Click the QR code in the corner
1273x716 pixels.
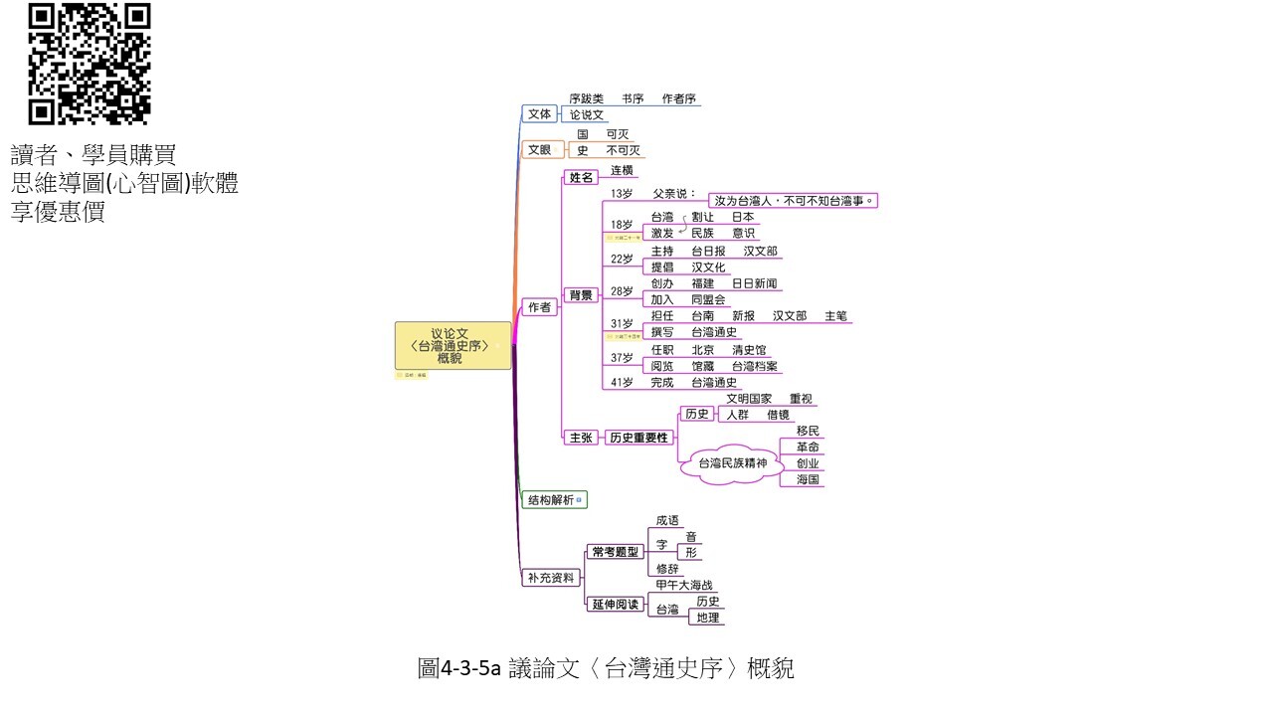click(90, 64)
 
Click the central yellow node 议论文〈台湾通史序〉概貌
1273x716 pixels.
click(453, 345)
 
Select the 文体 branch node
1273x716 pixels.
click(539, 114)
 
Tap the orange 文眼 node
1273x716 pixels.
click(539, 150)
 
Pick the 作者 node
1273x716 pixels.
click(539, 307)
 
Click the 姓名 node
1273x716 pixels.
click(581, 178)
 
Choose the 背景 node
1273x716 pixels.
click(581, 295)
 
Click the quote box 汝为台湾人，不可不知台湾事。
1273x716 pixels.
click(793, 201)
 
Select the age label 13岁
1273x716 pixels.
click(622, 193)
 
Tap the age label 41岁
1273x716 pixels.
click(622, 382)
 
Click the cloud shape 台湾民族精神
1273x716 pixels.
click(734, 463)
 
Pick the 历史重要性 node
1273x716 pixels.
click(639, 438)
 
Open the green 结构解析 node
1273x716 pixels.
click(551, 500)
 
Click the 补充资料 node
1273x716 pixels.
click(551, 578)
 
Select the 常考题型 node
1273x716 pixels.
click(616, 551)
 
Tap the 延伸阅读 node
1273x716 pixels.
click(616, 604)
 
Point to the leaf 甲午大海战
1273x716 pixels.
click(685, 586)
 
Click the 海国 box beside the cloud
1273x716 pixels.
click(808, 479)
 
